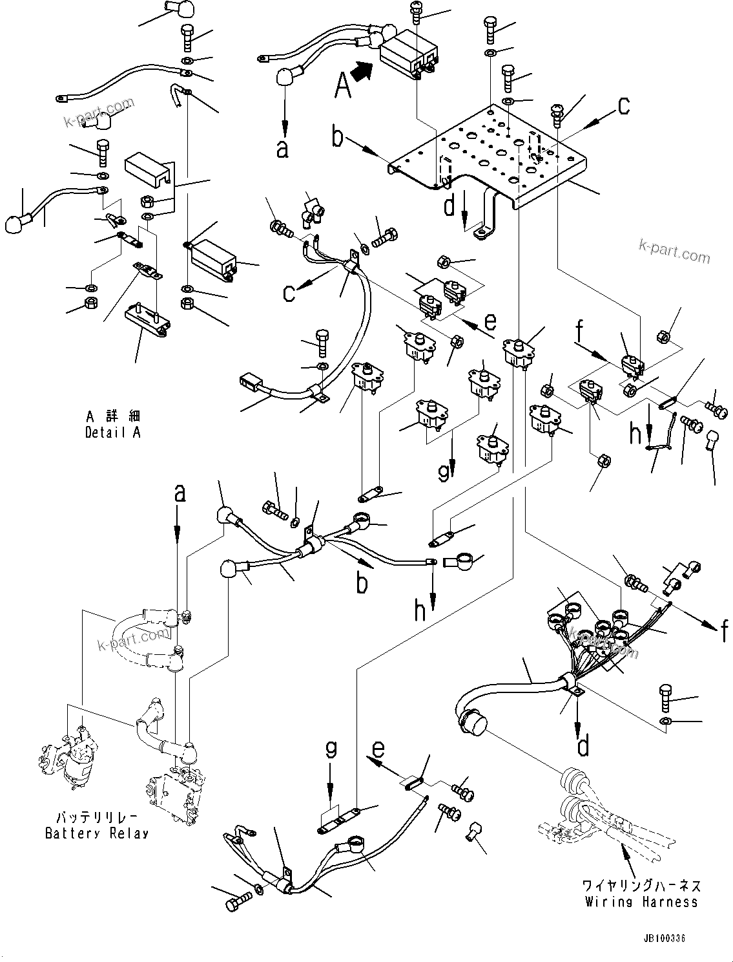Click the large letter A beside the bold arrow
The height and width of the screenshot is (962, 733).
pyautogui.click(x=344, y=85)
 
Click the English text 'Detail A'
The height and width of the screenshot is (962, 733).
pyautogui.click(x=112, y=433)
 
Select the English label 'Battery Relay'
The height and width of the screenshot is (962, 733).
pyautogui.click(x=97, y=833)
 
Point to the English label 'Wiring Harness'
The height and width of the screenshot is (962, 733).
pyautogui.click(x=641, y=901)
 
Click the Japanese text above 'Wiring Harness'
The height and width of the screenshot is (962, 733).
pyautogui.click(x=641, y=885)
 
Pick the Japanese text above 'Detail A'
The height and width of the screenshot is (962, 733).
pyautogui.click(x=112, y=416)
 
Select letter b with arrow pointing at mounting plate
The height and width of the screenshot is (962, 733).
pyautogui.click(x=338, y=137)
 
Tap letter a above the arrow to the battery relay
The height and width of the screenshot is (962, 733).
pyautogui.click(x=180, y=493)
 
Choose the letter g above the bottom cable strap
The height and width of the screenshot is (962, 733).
pyautogui.click(x=330, y=750)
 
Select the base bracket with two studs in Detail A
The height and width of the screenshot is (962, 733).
pyautogui.click(x=147, y=316)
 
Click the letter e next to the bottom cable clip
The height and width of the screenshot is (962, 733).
pyautogui.click(x=378, y=750)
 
